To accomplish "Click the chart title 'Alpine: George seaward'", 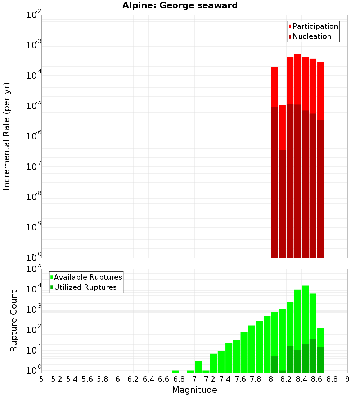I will (180, 5).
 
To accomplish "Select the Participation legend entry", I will (313, 26).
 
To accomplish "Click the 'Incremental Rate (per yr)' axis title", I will (7, 136).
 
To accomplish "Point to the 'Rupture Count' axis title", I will (14, 321).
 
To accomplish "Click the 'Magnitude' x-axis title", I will (194, 390).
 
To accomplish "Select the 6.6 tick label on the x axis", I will (164, 379).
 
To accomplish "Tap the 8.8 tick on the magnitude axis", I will (332, 379).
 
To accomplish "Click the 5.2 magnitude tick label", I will (57, 379).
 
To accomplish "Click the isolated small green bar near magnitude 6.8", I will (175, 372).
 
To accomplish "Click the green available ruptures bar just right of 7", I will (198, 366).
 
